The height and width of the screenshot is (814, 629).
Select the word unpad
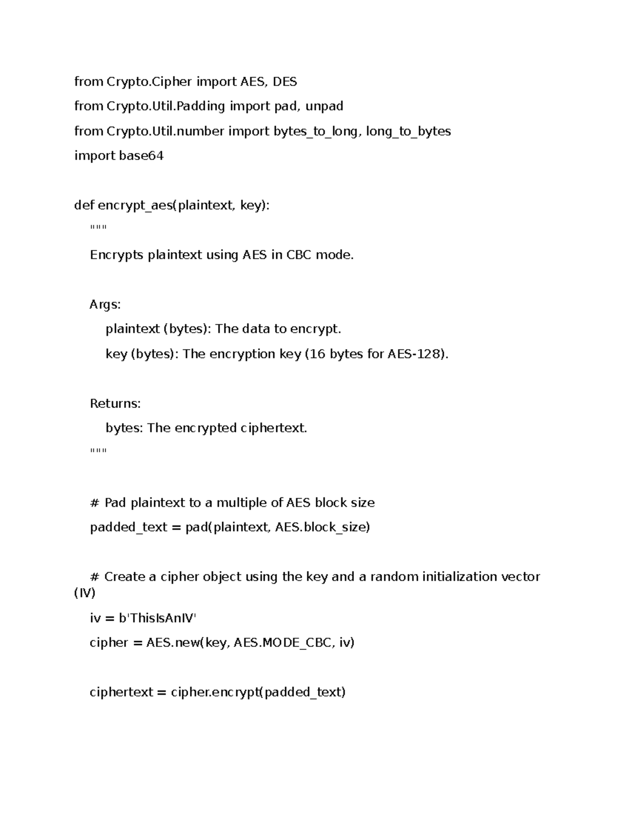[324, 106]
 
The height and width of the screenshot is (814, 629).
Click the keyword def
[84, 205]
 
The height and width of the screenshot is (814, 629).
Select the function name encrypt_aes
[135, 205]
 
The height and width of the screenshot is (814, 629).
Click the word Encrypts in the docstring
[116, 255]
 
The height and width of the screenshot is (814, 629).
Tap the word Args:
[105, 305]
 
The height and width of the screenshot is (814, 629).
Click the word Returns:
[115, 404]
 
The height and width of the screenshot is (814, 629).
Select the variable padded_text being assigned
[128, 527]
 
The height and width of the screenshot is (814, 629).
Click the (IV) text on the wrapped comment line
[85, 594]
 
